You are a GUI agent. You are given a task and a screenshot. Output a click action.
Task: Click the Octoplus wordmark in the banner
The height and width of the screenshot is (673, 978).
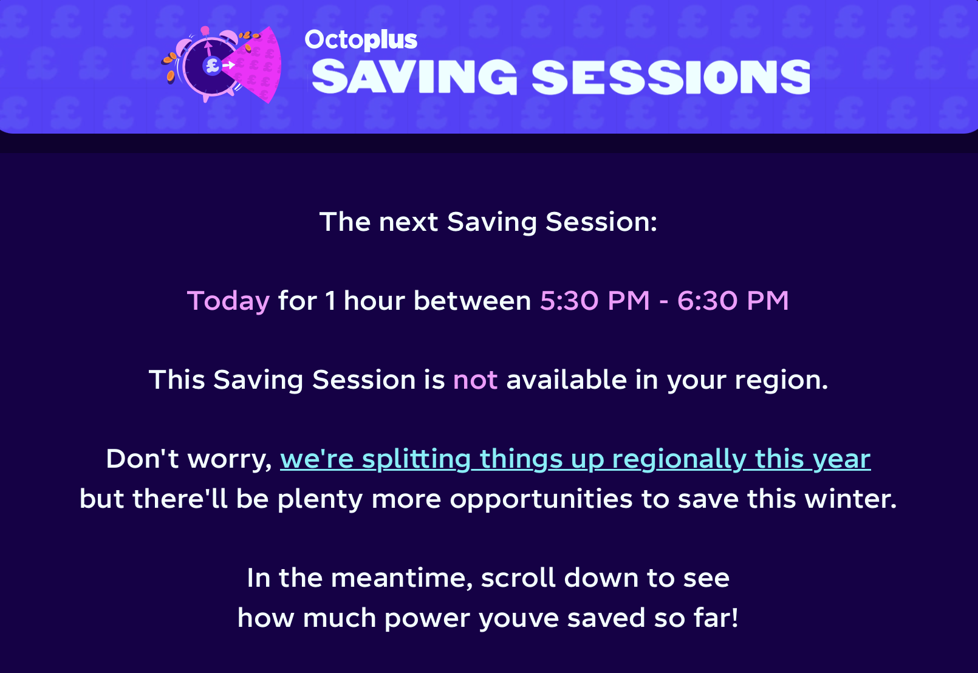pyautogui.click(x=361, y=40)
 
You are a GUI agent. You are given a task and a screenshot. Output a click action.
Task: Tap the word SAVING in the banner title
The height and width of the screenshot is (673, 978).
pyautogui.click(x=414, y=77)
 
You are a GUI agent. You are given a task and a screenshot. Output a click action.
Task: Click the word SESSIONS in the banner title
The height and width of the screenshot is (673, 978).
pyautogui.click(x=671, y=77)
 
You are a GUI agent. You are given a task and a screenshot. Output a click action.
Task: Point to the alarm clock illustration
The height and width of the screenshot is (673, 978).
pyautogui.click(x=221, y=64)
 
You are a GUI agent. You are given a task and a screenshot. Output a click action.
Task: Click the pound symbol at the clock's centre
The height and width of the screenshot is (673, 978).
pyautogui.click(x=213, y=66)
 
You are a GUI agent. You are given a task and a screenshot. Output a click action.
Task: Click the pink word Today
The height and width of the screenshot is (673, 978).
pyautogui.click(x=228, y=302)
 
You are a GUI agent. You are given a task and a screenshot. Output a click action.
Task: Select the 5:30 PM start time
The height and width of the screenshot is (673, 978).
pyautogui.click(x=595, y=301)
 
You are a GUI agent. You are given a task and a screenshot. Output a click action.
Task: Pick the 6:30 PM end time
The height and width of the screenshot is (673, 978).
pyautogui.click(x=733, y=301)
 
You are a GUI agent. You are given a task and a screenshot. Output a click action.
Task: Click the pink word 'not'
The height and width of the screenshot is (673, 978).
pyautogui.click(x=475, y=380)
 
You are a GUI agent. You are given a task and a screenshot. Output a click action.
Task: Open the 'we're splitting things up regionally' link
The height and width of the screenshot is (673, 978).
pyautogui.click(x=575, y=460)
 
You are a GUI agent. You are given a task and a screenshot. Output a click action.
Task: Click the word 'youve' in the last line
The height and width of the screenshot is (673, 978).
pyautogui.click(x=519, y=619)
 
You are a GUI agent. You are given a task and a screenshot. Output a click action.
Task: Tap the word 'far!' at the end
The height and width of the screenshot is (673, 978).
pyautogui.click(x=716, y=618)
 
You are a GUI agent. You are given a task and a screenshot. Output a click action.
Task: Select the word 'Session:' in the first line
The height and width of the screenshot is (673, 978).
pyautogui.click(x=601, y=222)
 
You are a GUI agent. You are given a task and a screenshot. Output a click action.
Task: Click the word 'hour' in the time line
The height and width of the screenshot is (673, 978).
pyautogui.click(x=374, y=301)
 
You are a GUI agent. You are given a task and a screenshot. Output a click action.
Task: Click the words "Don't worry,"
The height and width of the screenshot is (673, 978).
pyautogui.click(x=189, y=460)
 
